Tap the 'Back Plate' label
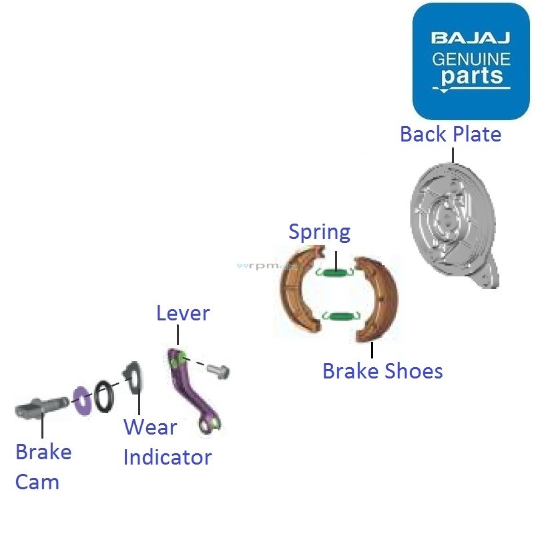[451, 134]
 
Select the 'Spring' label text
[319, 232]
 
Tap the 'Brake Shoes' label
[382, 370]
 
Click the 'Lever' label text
[183, 313]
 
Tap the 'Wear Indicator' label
[167, 443]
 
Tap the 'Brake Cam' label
[43, 467]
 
